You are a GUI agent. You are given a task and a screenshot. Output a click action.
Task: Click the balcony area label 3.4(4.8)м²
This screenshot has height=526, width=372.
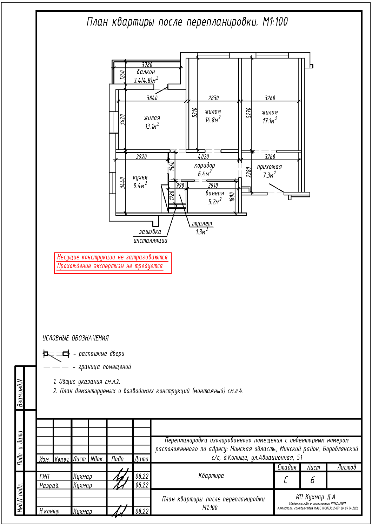146,80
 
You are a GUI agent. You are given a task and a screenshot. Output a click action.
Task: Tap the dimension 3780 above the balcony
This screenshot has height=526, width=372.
147,65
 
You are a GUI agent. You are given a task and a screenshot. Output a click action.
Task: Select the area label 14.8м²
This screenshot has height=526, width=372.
213,120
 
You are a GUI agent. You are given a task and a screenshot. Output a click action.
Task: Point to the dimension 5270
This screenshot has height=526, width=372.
249,113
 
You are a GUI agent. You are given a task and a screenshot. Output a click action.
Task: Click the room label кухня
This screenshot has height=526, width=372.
140,177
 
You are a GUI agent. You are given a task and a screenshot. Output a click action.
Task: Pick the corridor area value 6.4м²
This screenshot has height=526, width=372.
205,174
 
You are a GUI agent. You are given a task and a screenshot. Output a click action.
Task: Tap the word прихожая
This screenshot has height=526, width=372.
269,167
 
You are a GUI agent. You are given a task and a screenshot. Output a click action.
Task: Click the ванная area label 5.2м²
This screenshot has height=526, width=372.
215,202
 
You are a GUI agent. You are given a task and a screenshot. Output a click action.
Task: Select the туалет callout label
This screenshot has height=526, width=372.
202,223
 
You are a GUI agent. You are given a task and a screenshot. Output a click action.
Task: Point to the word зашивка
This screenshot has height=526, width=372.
150,232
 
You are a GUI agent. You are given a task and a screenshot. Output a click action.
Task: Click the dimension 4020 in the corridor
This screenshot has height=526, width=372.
203,157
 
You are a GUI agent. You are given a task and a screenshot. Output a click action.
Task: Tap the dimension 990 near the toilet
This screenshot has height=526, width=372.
180,186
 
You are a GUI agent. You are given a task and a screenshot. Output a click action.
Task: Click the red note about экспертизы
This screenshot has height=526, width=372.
110,266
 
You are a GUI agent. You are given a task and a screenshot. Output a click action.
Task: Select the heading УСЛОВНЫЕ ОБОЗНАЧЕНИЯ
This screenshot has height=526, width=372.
75,338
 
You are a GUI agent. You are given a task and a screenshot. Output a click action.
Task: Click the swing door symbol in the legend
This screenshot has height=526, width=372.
56,354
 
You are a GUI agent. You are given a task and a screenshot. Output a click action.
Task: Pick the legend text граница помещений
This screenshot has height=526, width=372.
105,367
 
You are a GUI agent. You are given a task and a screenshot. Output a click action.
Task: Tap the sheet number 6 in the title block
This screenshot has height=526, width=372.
313,480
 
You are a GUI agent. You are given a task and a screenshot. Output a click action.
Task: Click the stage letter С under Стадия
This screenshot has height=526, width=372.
286,480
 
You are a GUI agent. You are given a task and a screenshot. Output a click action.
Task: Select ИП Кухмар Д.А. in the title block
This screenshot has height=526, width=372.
316,497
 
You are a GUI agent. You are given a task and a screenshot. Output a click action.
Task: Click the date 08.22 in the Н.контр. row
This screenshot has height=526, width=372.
142,511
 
